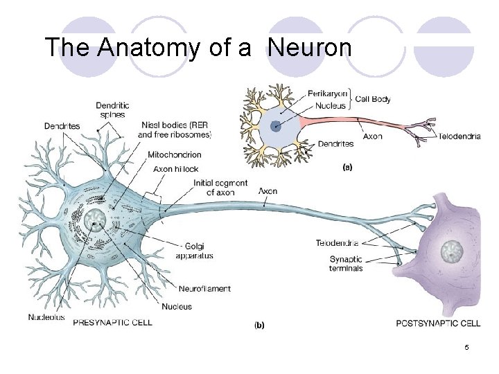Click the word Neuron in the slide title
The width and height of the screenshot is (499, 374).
coord(310,48)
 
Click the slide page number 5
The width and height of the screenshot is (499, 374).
coord(467,347)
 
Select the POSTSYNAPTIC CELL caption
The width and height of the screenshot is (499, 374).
coord(438,323)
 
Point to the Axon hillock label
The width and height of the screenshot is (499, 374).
coord(176,168)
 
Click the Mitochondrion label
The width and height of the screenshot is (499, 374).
coord(175,155)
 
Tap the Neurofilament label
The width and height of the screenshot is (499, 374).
coord(204,288)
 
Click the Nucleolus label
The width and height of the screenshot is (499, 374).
coord(46,317)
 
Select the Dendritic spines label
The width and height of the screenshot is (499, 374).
coord(112,109)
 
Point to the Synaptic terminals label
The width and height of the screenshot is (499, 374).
coord(346,264)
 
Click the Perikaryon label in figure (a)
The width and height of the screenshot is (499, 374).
coord(327,92)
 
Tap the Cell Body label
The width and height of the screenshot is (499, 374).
coord(373,99)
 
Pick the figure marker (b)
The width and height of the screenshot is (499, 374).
coord(259,324)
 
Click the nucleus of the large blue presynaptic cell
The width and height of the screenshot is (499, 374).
coord(94,221)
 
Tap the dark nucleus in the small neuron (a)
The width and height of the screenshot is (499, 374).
coord(277,126)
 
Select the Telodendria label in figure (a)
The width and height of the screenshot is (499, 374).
coord(459,136)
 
